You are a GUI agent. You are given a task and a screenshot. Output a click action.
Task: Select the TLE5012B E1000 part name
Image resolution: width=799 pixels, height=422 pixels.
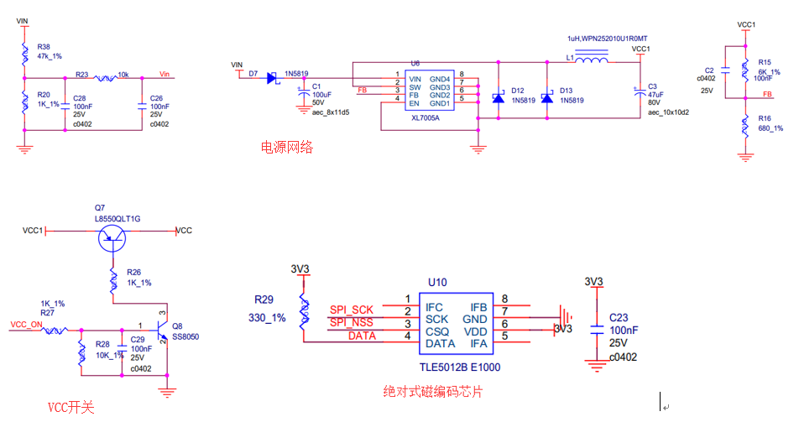click(x=461, y=367)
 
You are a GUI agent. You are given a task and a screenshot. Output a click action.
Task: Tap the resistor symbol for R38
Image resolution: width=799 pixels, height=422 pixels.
click(x=24, y=55)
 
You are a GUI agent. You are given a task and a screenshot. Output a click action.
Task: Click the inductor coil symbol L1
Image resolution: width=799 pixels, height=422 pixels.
click(x=593, y=60)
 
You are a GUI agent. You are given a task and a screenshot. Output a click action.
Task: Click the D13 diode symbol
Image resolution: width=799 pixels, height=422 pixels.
click(x=547, y=99)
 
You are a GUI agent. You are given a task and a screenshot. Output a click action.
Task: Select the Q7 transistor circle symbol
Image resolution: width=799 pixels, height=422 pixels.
click(x=112, y=239)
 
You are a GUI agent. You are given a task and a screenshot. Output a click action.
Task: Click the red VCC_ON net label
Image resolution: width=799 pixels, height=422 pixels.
click(x=26, y=324)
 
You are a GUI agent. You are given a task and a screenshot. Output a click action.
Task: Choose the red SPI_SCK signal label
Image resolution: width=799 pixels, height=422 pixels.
click(x=351, y=310)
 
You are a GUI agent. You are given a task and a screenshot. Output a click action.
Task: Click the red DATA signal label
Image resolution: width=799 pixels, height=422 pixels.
click(x=363, y=336)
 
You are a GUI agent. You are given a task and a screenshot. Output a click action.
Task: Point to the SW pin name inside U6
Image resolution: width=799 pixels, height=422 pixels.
click(x=415, y=87)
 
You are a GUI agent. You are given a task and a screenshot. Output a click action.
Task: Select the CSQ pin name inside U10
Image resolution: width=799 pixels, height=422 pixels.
click(x=438, y=331)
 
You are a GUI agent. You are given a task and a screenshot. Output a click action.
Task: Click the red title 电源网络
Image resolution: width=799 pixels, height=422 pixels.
click(x=287, y=148)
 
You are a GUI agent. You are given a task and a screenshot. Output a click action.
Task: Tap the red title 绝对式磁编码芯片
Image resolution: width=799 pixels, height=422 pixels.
click(x=433, y=392)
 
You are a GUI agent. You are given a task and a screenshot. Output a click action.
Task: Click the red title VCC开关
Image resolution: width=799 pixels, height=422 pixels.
click(x=70, y=408)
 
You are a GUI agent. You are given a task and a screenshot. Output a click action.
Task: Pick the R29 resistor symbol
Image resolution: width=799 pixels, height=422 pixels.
click(x=304, y=311)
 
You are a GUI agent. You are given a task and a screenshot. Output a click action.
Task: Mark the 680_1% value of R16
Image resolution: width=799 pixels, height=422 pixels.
click(x=770, y=128)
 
